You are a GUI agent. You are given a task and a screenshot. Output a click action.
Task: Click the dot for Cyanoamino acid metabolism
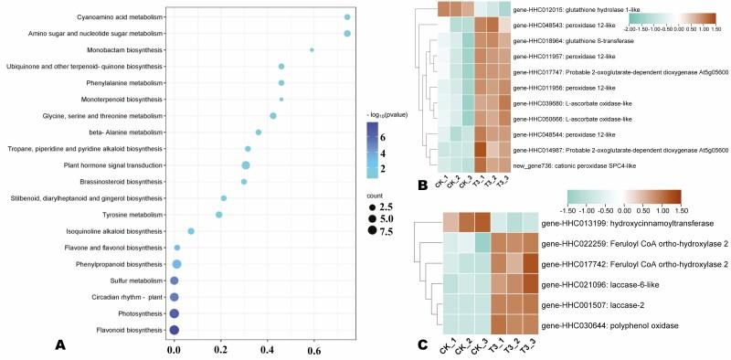347,17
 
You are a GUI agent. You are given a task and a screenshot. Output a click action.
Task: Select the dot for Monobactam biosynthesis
313,50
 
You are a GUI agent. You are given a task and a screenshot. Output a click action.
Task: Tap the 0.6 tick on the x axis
313,349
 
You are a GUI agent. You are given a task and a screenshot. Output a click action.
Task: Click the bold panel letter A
60,344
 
